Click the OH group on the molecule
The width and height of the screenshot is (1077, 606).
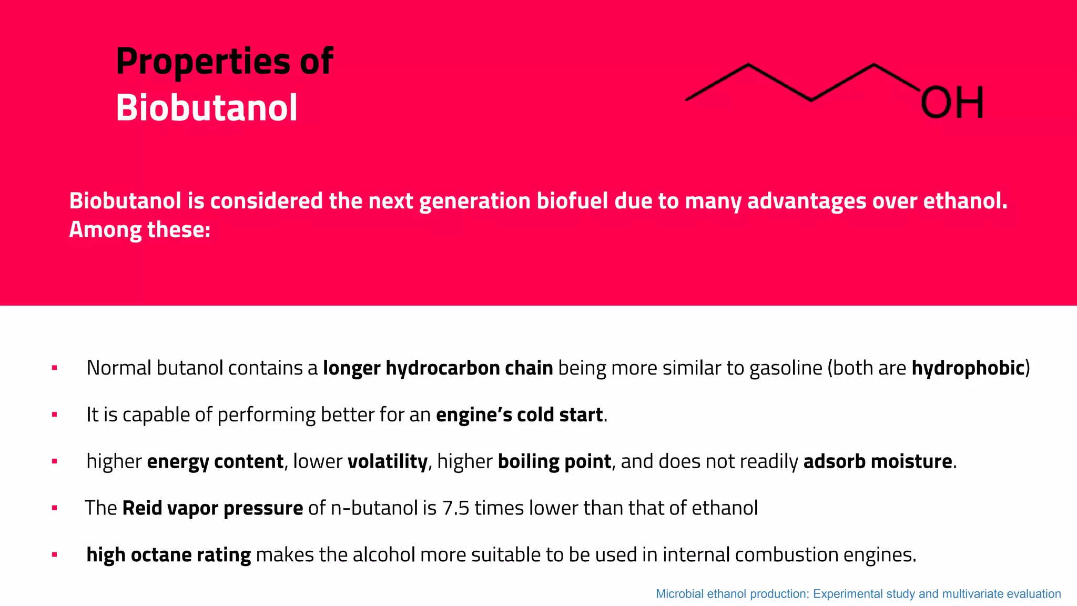point(952,103)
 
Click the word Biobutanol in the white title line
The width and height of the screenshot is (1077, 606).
point(207,108)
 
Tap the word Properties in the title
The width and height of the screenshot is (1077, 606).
point(202,62)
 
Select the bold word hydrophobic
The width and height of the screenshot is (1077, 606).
point(968,368)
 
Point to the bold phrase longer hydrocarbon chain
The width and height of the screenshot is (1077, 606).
point(438,368)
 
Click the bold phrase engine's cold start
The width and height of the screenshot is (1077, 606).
point(519,415)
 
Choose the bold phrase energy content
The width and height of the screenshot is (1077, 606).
point(215,461)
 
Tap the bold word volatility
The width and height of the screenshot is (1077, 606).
point(388,461)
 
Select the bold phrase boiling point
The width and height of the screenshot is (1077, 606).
point(554,461)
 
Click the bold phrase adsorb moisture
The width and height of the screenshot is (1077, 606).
point(878,461)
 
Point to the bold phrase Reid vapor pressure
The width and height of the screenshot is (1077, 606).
point(212,508)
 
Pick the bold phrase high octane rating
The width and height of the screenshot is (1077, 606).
point(168,555)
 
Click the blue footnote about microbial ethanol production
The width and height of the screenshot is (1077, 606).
point(858,594)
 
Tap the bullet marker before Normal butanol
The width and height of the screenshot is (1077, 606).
point(54,368)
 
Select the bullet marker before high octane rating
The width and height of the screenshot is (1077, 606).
point(54,555)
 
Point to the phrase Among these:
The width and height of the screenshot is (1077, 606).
point(140,230)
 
